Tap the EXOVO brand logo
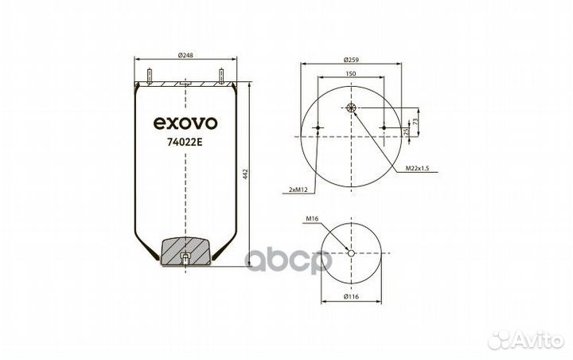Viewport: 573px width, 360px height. [184, 123]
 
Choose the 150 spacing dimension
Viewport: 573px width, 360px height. [351, 73]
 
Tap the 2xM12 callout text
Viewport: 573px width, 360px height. [299, 190]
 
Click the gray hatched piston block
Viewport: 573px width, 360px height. [185, 251]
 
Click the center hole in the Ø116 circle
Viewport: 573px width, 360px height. [351, 254]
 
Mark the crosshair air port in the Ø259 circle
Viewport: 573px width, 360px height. [352, 108]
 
